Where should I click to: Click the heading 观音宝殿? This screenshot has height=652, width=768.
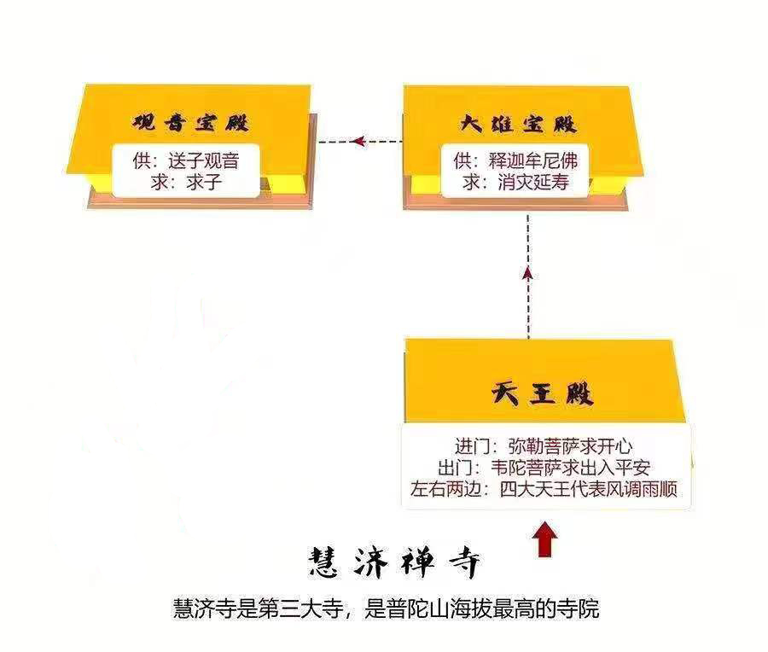click(x=190, y=122)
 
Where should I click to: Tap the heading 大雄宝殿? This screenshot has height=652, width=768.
click(x=518, y=123)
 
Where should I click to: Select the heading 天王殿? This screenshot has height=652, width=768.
click(x=542, y=393)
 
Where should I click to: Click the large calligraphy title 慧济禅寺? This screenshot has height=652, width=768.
click(x=394, y=562)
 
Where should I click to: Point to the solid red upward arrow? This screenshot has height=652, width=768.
click(x=544, y=540)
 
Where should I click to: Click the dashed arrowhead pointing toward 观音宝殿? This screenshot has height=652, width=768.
click(x=358, y=142)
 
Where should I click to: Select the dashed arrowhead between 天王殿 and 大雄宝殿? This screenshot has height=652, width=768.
click(x=527, y=273)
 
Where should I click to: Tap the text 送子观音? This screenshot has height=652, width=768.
click(x=204, y=160)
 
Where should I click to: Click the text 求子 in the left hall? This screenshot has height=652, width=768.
click(x=204, y=183)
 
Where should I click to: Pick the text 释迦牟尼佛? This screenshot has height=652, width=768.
click(x=532, y=160)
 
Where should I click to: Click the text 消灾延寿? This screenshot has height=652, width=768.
click(x=532, y=183)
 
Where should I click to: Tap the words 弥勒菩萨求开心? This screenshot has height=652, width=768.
click(x=570, y=446)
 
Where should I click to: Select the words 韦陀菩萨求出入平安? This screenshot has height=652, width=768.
click(x=571, y=468)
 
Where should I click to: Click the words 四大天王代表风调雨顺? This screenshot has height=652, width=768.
click(x=589, y=489)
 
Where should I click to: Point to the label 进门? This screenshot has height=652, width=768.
click(x=472, y=446)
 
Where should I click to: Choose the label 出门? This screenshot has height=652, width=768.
click(x=455, y=468)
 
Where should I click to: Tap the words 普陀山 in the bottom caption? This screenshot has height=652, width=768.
click(x=413, y=608)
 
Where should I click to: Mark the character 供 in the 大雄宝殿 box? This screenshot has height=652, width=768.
click(x=463, y=160)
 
